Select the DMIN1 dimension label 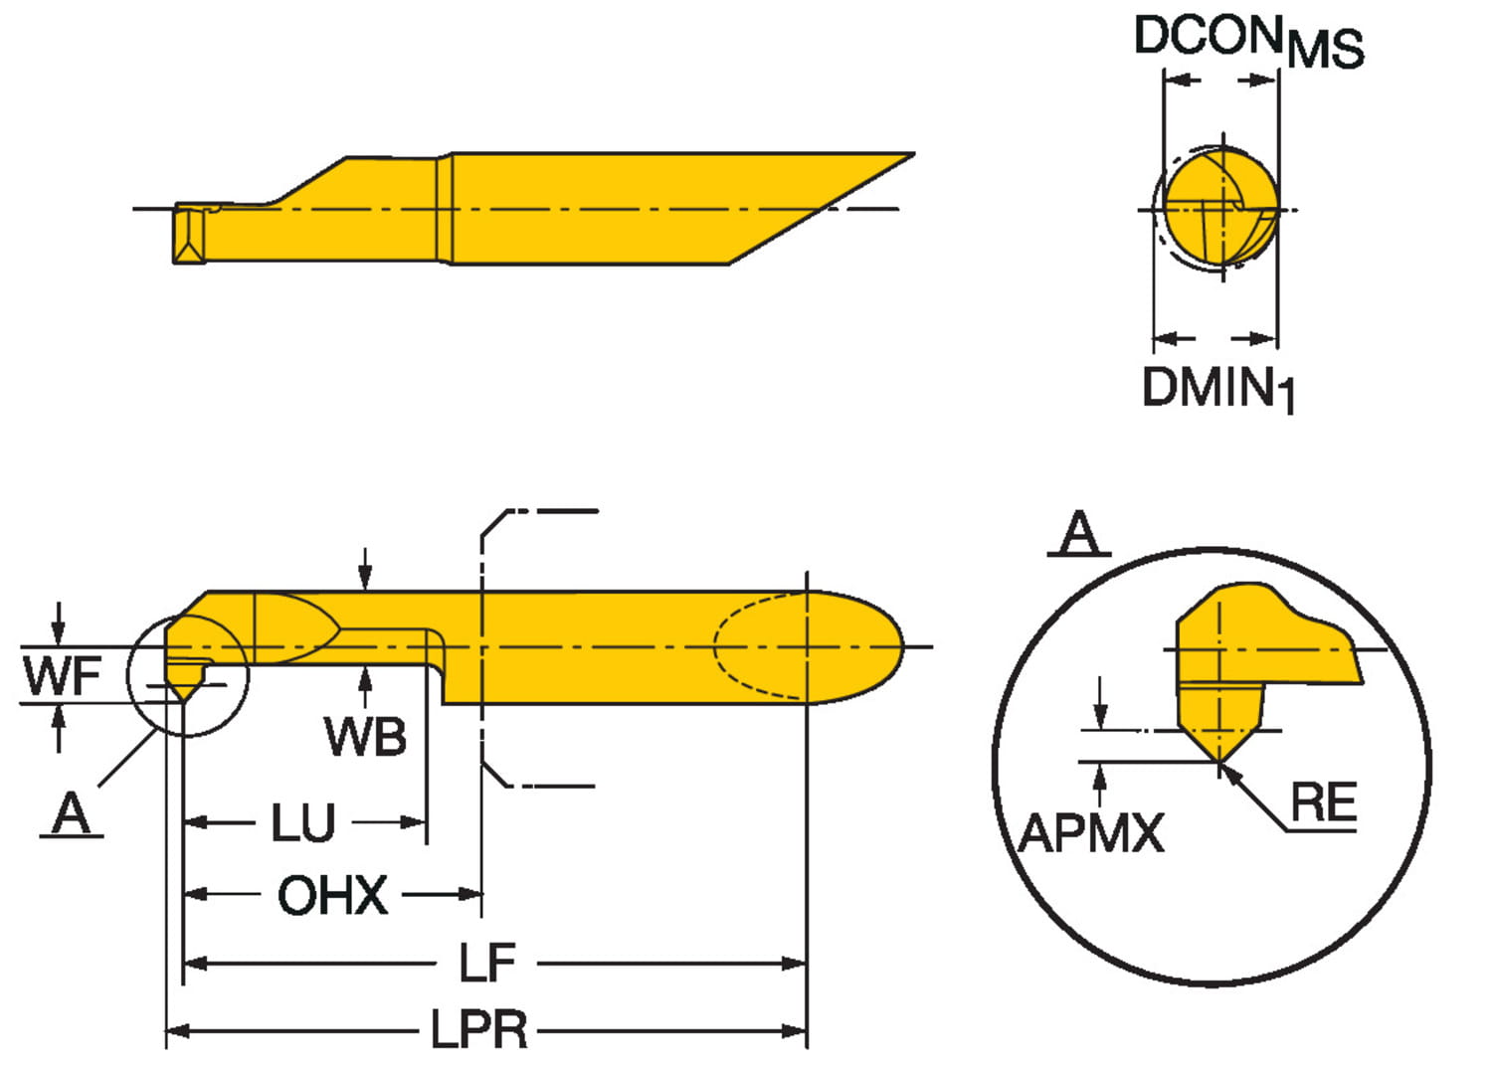click(x=1217, y=387)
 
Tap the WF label click(x=62, y=676)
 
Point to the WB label click(x=365, y=737)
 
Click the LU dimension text click(x=303, y=823)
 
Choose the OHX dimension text click(x=332, y=896)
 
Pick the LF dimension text click(x=487, y=963)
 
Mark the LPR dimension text click(x=478, y=1029)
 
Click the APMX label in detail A click(x=1091, y=833)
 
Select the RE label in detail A click(x=1323, y=801)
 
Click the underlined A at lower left click(x=71, y=814)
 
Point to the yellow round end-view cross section click(x=1220, y=208)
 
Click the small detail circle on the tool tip click(x=187, y=675)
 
